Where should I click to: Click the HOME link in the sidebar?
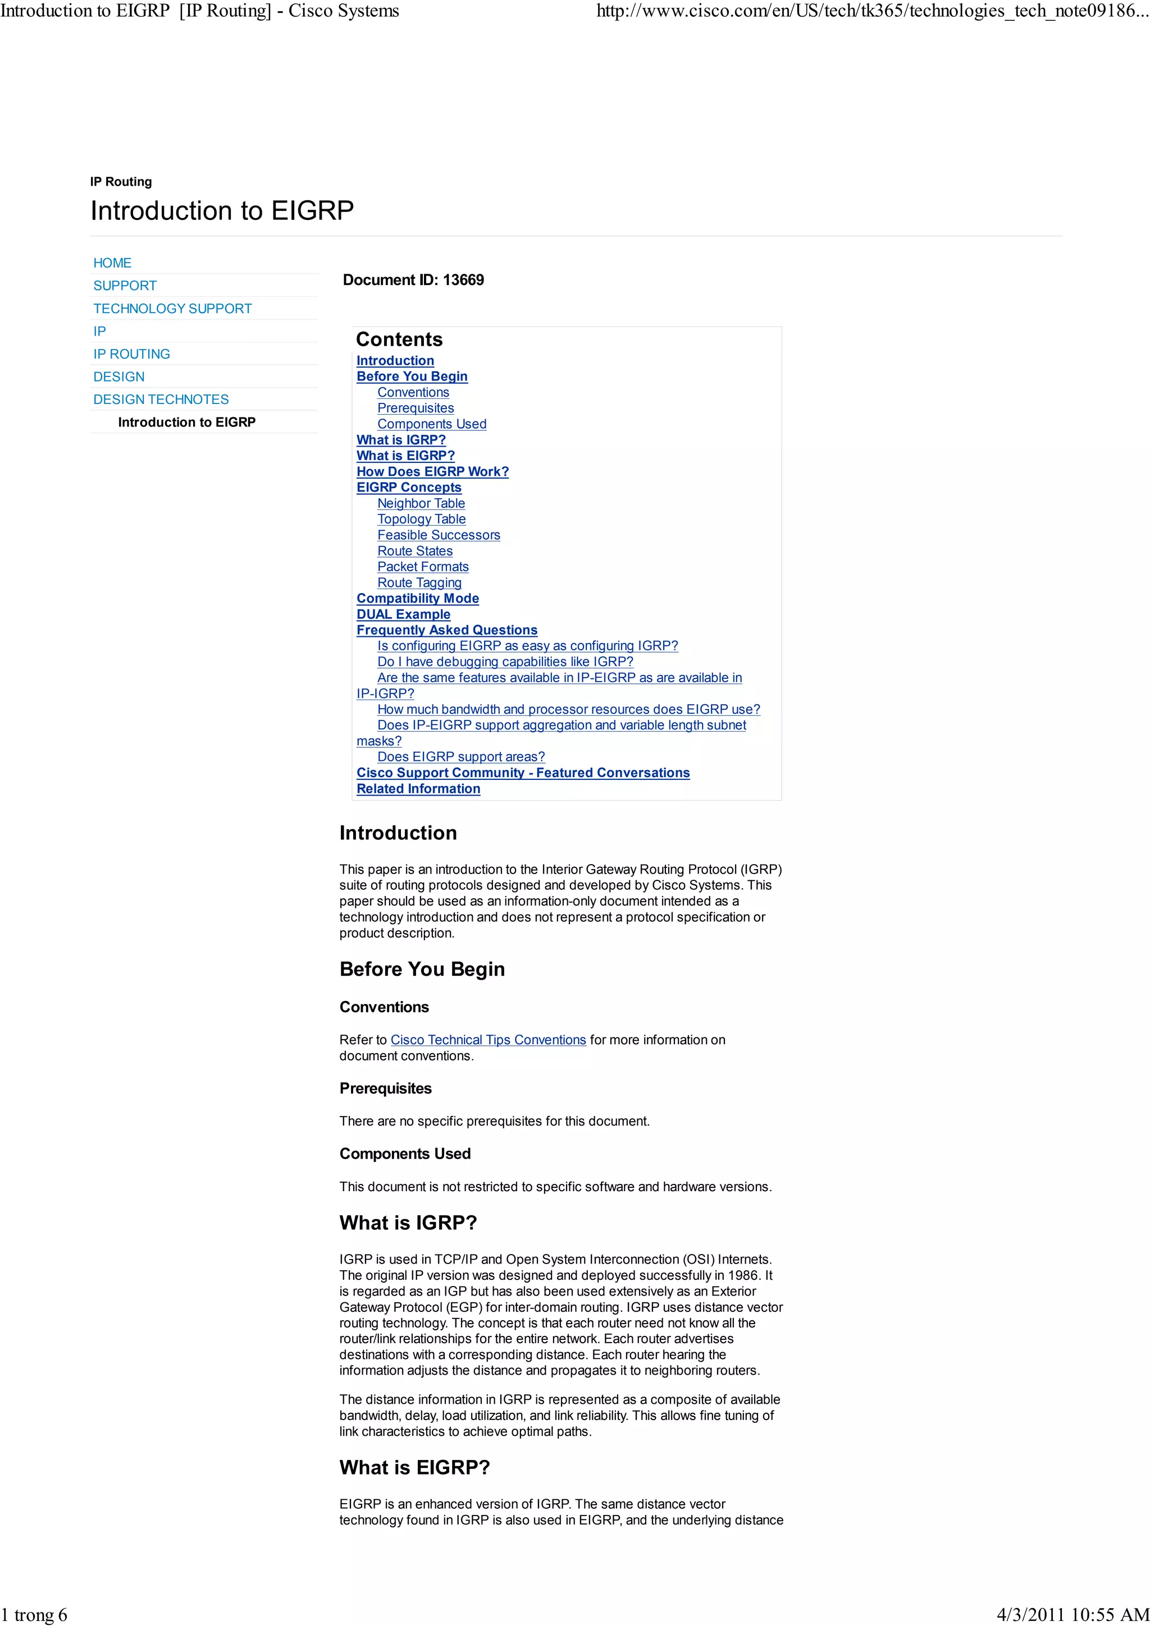[x=112, y=263]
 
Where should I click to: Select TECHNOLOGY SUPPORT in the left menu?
[x=172, y=308]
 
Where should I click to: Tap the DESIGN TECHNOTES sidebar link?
[x=161, y=399]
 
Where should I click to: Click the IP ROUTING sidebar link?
[x=132, y=353]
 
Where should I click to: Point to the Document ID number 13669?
[x=463, y=280]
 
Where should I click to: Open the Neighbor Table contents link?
[x=421, y=503]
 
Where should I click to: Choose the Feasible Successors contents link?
[x=439, y=535]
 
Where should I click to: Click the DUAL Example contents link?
[x=403, y=614]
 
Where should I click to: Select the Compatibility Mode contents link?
[x=417, y=599]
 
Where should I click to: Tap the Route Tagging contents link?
[x=419, y=582]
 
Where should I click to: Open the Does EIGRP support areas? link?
[x=461, y=756]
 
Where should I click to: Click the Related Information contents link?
[x=418, y=788]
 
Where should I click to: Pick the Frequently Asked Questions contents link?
[x=446, y=630]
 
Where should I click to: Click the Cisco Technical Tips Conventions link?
[x=488, y=1040]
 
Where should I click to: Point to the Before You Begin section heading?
[x=422, y=969]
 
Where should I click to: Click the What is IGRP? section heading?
[x=408, y=1223]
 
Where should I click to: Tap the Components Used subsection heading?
[x=405, y=1154]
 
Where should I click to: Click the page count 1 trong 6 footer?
[x=34, y=1614]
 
